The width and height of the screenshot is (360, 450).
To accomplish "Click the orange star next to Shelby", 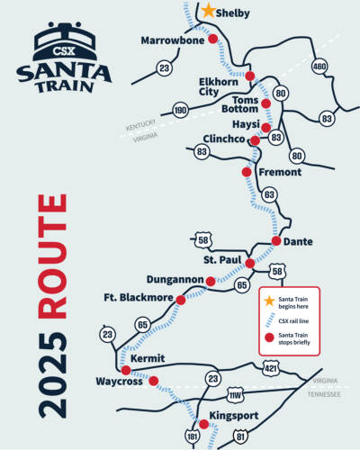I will pyautogui.click(x=208, y=11).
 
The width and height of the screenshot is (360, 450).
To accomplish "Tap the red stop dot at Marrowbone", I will pyautogui.click(x=212, y=40).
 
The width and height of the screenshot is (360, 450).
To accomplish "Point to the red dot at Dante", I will pyautogui.click(x=276, y=241).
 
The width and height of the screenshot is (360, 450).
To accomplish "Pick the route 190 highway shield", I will pyautogui.click(x=180, y=111).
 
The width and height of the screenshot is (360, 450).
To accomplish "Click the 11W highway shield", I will pyautogui.click(x=236, y=395).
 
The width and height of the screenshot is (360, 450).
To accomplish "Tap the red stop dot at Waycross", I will pyautogui.click(x=152, y=381).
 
